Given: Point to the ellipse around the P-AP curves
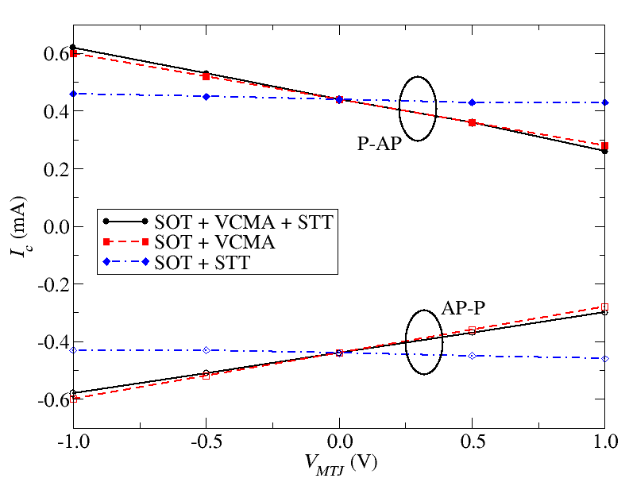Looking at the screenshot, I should point(418,109).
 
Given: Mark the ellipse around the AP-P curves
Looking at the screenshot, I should point(424,341).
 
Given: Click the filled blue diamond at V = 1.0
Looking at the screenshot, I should point(605,102).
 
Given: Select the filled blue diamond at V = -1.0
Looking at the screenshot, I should point(73,94).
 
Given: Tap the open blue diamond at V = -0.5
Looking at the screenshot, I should point(206,350).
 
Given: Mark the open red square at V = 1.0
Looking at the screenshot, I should point(605,307).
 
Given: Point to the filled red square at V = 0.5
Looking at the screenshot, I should point(473,123).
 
